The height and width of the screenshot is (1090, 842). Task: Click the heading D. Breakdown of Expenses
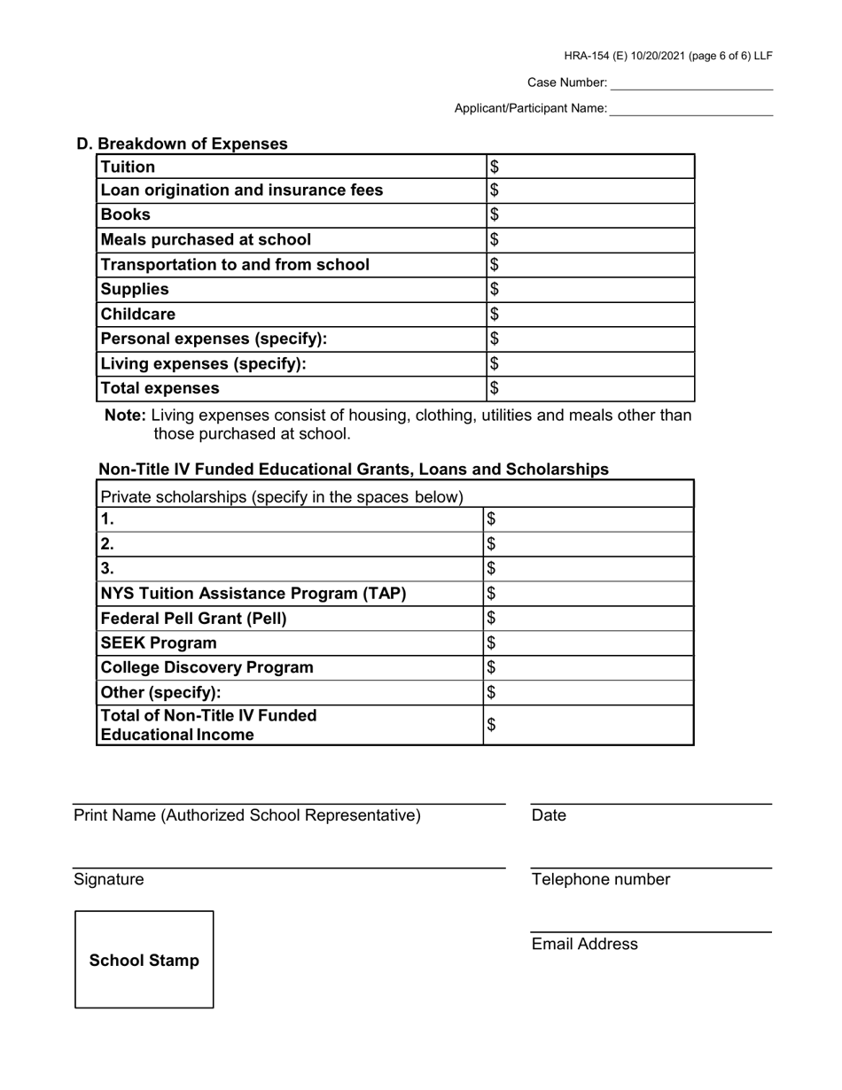(182, 144)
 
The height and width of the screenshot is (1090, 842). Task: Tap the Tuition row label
(129, 167)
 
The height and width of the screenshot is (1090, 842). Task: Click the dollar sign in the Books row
(495, 214)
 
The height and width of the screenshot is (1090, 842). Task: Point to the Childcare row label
(138, 314)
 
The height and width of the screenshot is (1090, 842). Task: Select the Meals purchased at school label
(206, 239)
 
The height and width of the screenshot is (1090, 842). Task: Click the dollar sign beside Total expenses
(495, 388)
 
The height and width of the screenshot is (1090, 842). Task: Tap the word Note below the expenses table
(125, 415)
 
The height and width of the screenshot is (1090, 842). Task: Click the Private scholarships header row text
(283, 496)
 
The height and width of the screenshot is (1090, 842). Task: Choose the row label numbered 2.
(108, 543)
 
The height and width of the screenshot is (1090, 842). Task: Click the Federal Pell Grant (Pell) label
(194, 618)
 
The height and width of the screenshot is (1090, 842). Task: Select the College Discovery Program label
(207, 667)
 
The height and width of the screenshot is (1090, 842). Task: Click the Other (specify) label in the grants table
(161, 692)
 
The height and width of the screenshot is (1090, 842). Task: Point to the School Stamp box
(144, 960)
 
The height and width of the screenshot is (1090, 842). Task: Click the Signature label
(108, 879)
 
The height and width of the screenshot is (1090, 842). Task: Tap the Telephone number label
(601, 879)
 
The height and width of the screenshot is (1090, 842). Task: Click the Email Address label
(584, 944)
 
